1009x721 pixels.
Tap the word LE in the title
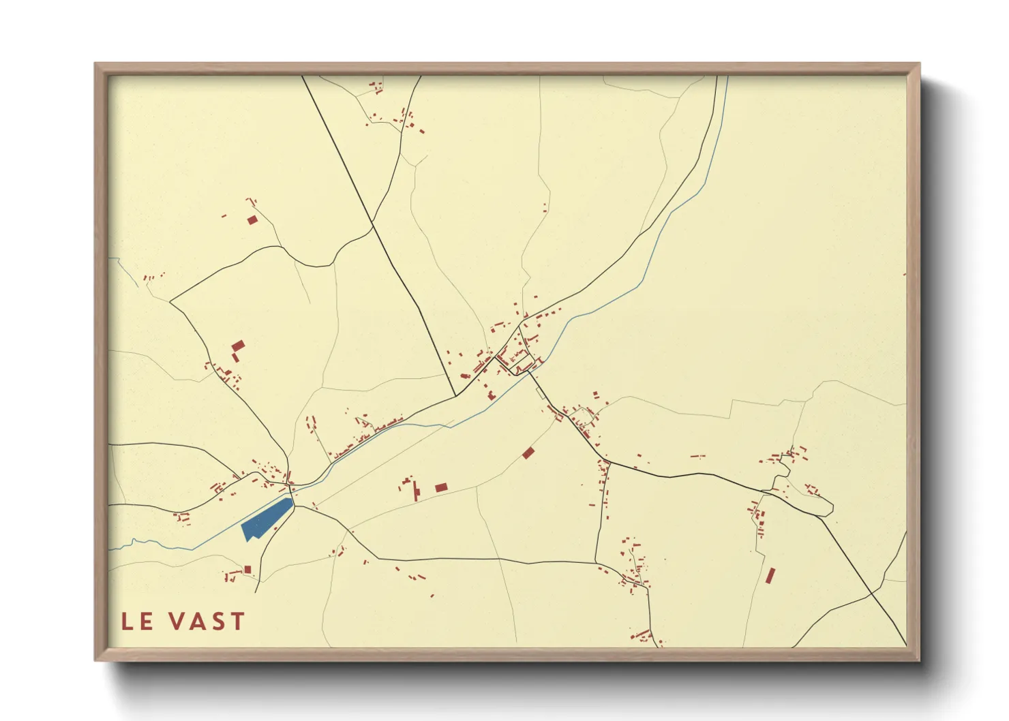click(137, 622)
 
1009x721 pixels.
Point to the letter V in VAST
click(177, 622)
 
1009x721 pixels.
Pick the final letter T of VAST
click(237, 622)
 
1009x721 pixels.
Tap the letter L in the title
click(127, 622)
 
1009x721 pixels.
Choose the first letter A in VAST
click(197, 622)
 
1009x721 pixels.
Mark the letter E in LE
click(147, 622)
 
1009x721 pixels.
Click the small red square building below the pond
click(247, 570)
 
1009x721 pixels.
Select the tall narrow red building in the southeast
click(770, 576)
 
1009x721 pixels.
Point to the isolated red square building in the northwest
click(252, 219)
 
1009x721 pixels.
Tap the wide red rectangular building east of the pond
click(441, 487)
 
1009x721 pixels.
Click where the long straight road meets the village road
click(455, 395)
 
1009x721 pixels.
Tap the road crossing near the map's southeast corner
click(872, 594)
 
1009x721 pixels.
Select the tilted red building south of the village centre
click(528, 452)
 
